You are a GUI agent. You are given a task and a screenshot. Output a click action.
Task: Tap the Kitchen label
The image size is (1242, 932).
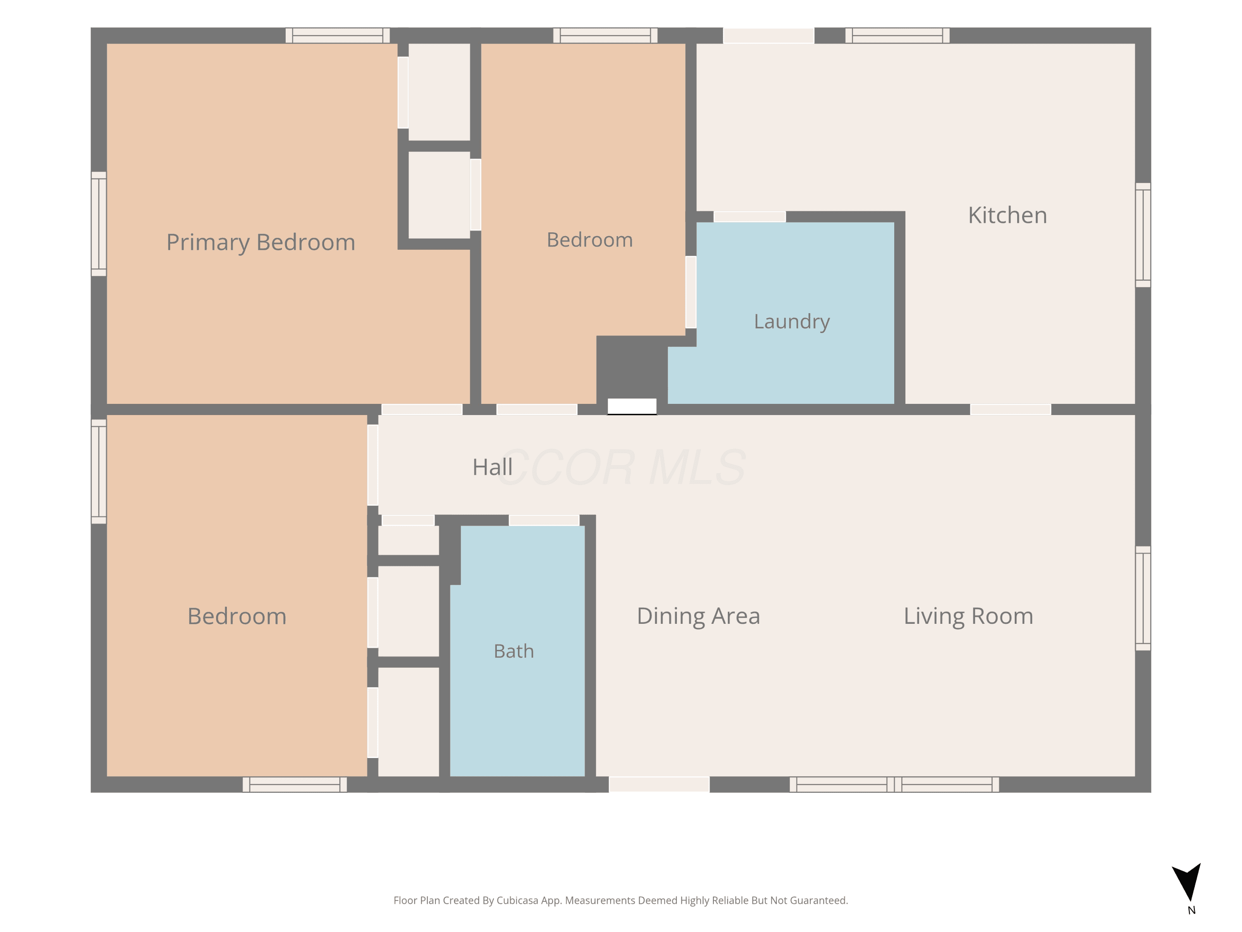click(1007, 215)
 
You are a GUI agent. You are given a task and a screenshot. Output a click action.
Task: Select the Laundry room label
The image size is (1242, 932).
click(792, 322)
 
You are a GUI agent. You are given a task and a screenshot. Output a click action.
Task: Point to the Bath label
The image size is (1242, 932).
click(514, 651)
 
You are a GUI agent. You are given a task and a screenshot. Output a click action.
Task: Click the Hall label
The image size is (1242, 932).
click(492, 467)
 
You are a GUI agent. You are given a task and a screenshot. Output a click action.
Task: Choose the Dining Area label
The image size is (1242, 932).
click(698, 616)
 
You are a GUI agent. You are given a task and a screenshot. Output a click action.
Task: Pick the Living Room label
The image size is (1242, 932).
click(969, 616)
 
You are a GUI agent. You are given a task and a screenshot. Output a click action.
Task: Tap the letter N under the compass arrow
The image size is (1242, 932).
click(1191, 910)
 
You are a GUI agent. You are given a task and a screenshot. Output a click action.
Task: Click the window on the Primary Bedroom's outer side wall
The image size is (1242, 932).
click(99, 224)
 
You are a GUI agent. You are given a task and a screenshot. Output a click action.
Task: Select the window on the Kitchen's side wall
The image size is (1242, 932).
click(1143, 235)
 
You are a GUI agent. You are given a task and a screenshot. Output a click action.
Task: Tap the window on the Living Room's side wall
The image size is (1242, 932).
click(1143, 598)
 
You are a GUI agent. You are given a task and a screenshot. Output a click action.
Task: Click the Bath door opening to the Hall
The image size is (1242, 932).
click(544, 520)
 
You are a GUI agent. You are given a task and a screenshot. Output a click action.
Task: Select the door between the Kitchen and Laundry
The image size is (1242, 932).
click(750, 217)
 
